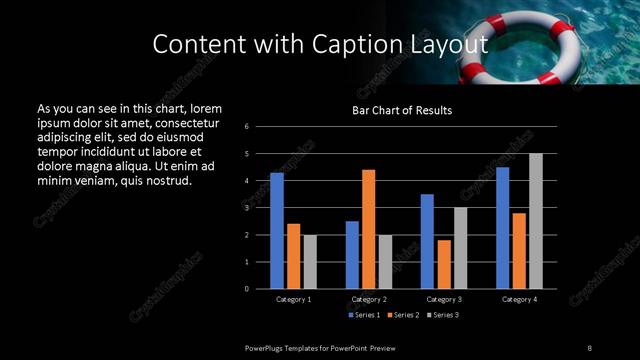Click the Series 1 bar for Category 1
click(277, 231)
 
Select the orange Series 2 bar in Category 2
click(369, 229)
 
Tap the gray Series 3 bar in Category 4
click(536, 221)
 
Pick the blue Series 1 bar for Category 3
click(427, 241)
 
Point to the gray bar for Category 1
click(310, 262)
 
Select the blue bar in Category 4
click(502, 228)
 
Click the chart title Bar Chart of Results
click(403, 110)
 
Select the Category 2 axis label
click(369, 299)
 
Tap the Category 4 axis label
click(519, 299)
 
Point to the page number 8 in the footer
click(589, 347)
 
